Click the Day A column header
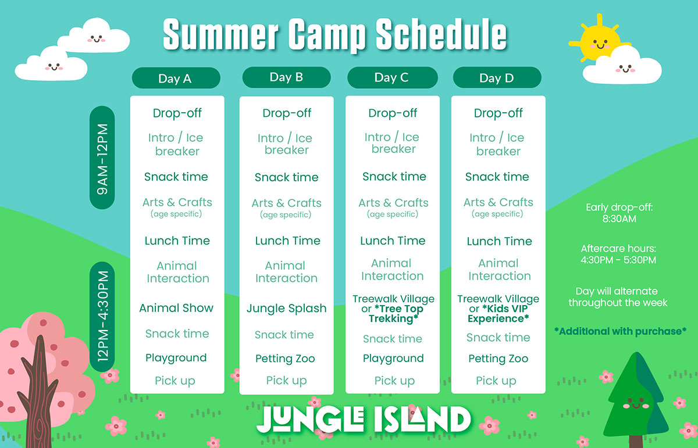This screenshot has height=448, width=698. click(x=176, y=78)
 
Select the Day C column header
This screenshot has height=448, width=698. click(x=392, y=77)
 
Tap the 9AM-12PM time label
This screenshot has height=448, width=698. click(x=102, y=157)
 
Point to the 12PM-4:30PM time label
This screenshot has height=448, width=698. click(x=102, y=316)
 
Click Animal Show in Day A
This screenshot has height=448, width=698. click(x=176, y=308)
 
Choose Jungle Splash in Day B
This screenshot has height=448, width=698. click(x=286, y=308)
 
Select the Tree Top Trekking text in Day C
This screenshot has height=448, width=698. click(x=396, y=314)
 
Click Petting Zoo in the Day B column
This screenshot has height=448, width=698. click(x=285, y=359)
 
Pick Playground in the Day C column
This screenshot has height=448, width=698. click(x=393, y=359)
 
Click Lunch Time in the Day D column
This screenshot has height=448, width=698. click(x=499, y=241)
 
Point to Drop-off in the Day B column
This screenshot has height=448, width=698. click(x=287, y=113)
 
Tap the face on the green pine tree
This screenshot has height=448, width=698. click(x=636, y=403)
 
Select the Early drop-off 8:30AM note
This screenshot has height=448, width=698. click(x=619, y=213)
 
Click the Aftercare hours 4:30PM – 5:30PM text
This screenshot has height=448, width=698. click(x=618, y=254)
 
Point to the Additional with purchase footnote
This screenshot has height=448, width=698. click(x=620, y=331)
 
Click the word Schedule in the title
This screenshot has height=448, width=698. click(x=441, y=34)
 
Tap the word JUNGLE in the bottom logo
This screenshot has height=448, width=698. click(x=310, y=420)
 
